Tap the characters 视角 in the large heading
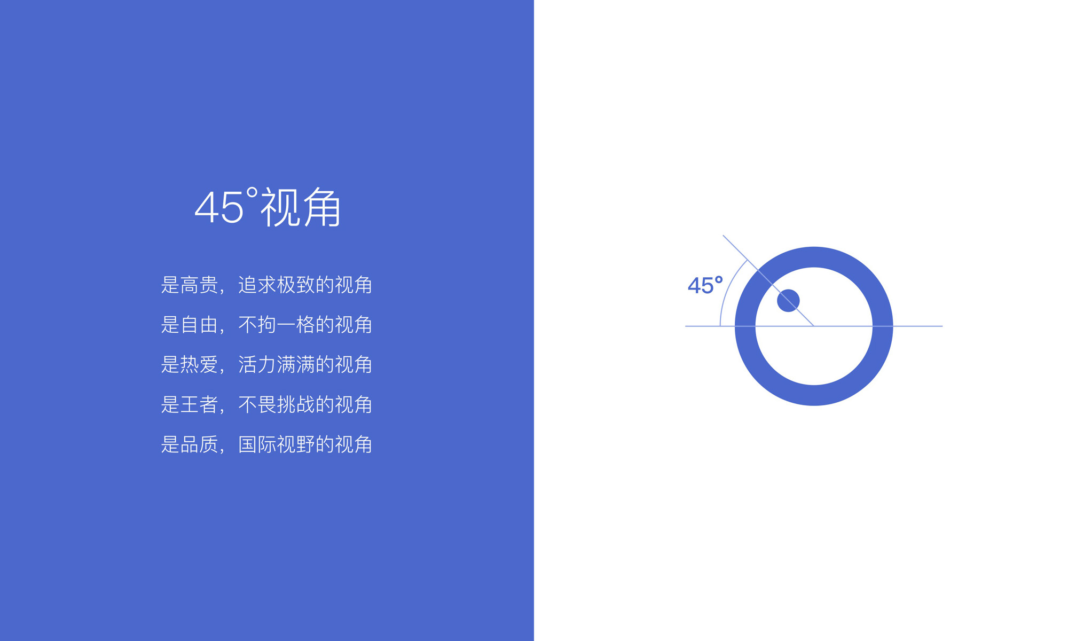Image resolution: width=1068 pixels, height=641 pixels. click(301, 207)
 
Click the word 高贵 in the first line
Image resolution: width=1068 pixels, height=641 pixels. click(200, 285)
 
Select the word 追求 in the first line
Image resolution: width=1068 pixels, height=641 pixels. click(257, 285)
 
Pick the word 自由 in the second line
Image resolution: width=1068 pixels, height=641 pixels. click(200, 325)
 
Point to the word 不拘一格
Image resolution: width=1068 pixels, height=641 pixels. click(277, 325)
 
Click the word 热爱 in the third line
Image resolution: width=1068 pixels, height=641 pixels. click(200, 365)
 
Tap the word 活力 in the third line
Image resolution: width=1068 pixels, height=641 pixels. click(257, 365)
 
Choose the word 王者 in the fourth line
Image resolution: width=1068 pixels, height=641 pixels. click(200, 404)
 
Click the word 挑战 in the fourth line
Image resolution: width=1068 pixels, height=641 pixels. click(296, 404)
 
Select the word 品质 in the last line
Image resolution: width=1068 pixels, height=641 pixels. click(200, 444)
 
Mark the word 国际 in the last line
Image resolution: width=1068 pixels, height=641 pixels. click(257, 444)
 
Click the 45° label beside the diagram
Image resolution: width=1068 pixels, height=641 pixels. click(705, 285)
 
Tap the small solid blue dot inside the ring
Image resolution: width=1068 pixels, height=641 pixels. click(788, 301)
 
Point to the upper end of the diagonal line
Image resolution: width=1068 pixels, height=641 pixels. click(723, 235)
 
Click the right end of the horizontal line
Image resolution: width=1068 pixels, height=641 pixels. click(943, 326)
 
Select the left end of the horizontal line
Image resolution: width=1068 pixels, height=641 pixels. click(685, 326)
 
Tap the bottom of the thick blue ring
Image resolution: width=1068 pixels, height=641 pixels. click(814, 395)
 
